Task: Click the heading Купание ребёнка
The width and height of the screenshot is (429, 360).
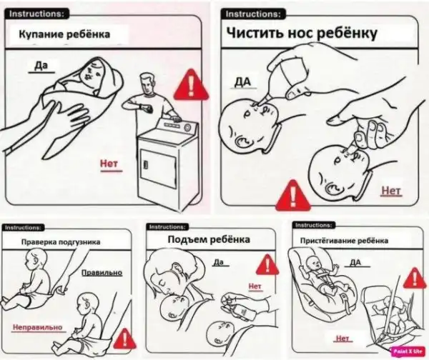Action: click(x=64, y=34)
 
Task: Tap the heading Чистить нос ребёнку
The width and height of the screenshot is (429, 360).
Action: click(x=302, y=34)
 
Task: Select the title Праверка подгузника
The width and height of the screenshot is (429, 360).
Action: click(x=61, y=242)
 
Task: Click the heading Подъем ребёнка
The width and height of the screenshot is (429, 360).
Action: click(x=209, y=240)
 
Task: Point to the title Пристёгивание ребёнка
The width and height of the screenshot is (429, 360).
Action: click(x=344, y=241)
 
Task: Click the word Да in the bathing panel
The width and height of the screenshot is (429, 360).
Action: click(x=41, y=66)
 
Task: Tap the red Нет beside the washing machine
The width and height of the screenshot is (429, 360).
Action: click(x=109, y=164)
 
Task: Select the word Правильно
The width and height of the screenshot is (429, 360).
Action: click(x=102, y=273)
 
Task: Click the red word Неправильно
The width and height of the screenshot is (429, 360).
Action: click(x=37, y=327)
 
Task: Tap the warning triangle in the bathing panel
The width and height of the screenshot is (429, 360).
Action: click(x=191, y=85)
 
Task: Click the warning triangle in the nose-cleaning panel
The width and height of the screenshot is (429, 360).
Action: click(x=292, y=195)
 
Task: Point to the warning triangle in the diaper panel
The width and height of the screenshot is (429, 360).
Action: click(x=124, y=339)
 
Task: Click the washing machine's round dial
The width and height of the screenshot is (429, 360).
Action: click(x=187, y=127)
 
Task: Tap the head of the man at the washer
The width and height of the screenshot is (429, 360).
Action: click(x=147, y=84)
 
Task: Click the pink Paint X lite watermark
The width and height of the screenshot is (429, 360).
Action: click(x=408, y=351)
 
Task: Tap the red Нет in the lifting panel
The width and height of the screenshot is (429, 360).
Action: click(x=255, y=286)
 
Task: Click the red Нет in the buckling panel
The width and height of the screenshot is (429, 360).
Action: click(x=342, y=339)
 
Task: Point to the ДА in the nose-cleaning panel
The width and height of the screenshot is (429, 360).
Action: click(x=242, y=82)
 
